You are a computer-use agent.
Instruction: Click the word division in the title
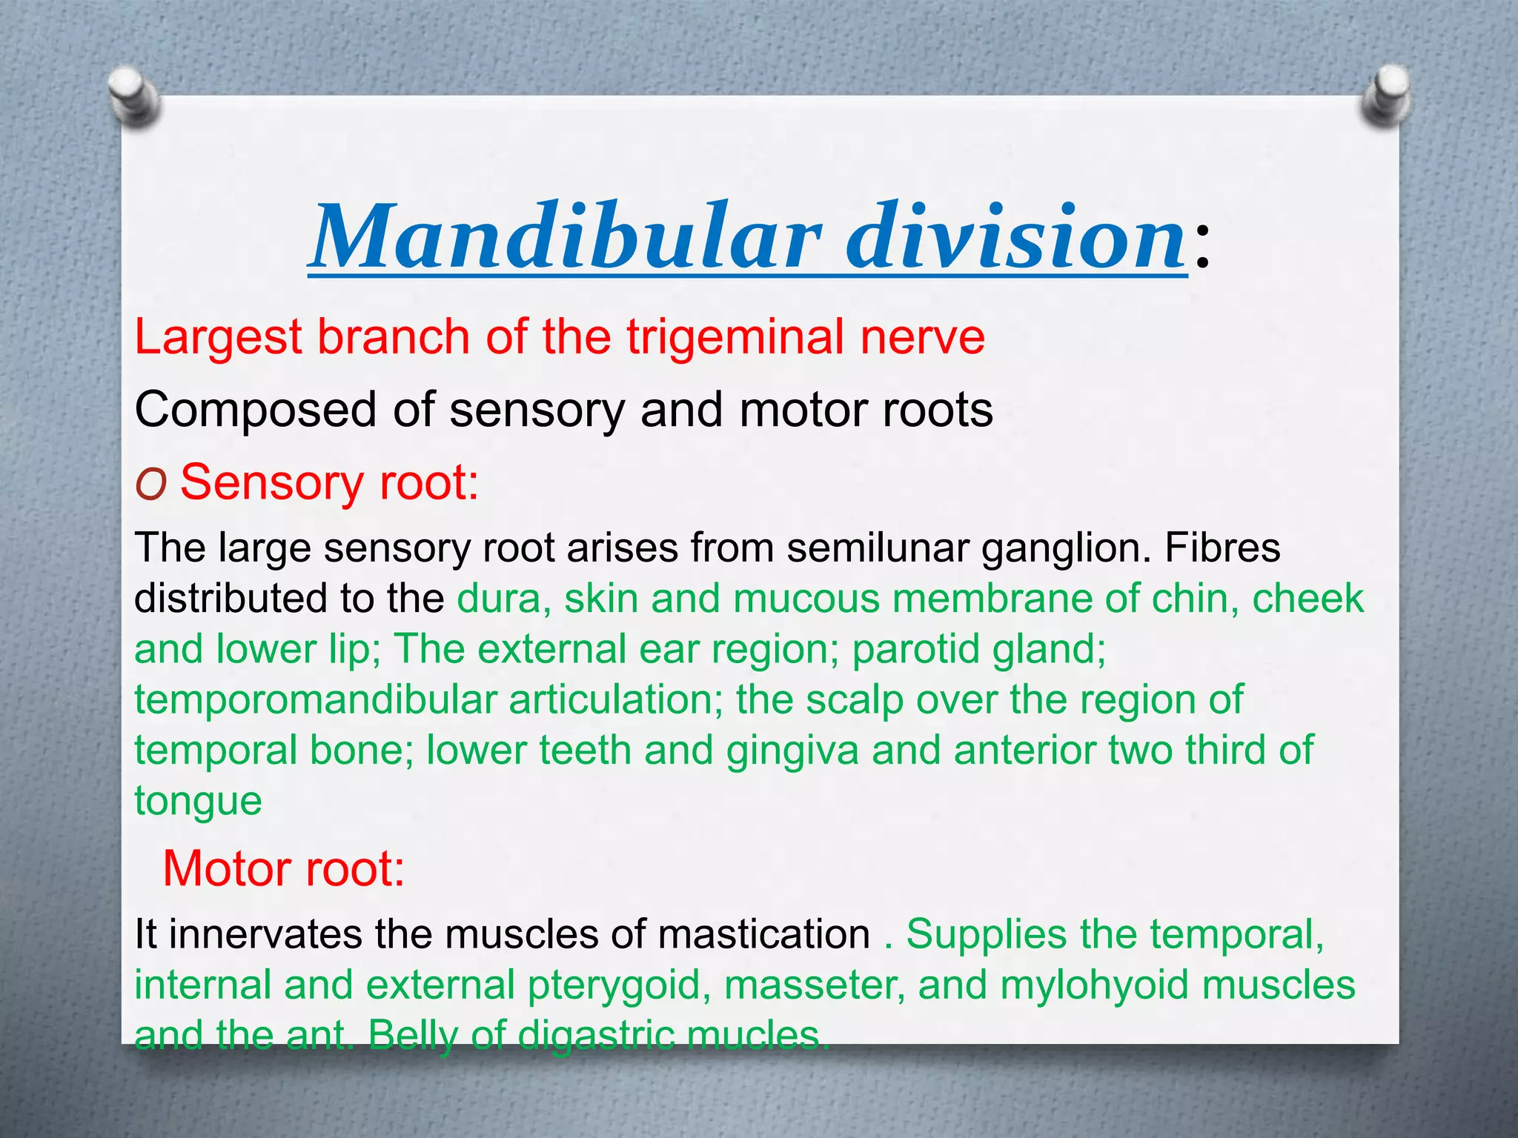1015,237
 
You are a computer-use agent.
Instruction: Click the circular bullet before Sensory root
150,485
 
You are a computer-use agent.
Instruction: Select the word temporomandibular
315,700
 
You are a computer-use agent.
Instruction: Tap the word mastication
763,935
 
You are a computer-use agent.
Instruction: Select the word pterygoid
614,986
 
